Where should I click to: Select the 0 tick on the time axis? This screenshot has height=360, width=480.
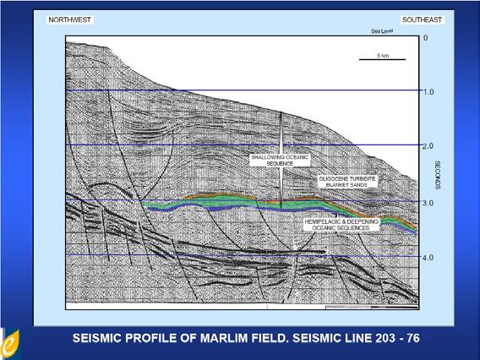(425, 38)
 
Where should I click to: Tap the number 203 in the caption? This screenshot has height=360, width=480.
(379, 338)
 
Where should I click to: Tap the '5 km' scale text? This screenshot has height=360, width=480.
(385, 56)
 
